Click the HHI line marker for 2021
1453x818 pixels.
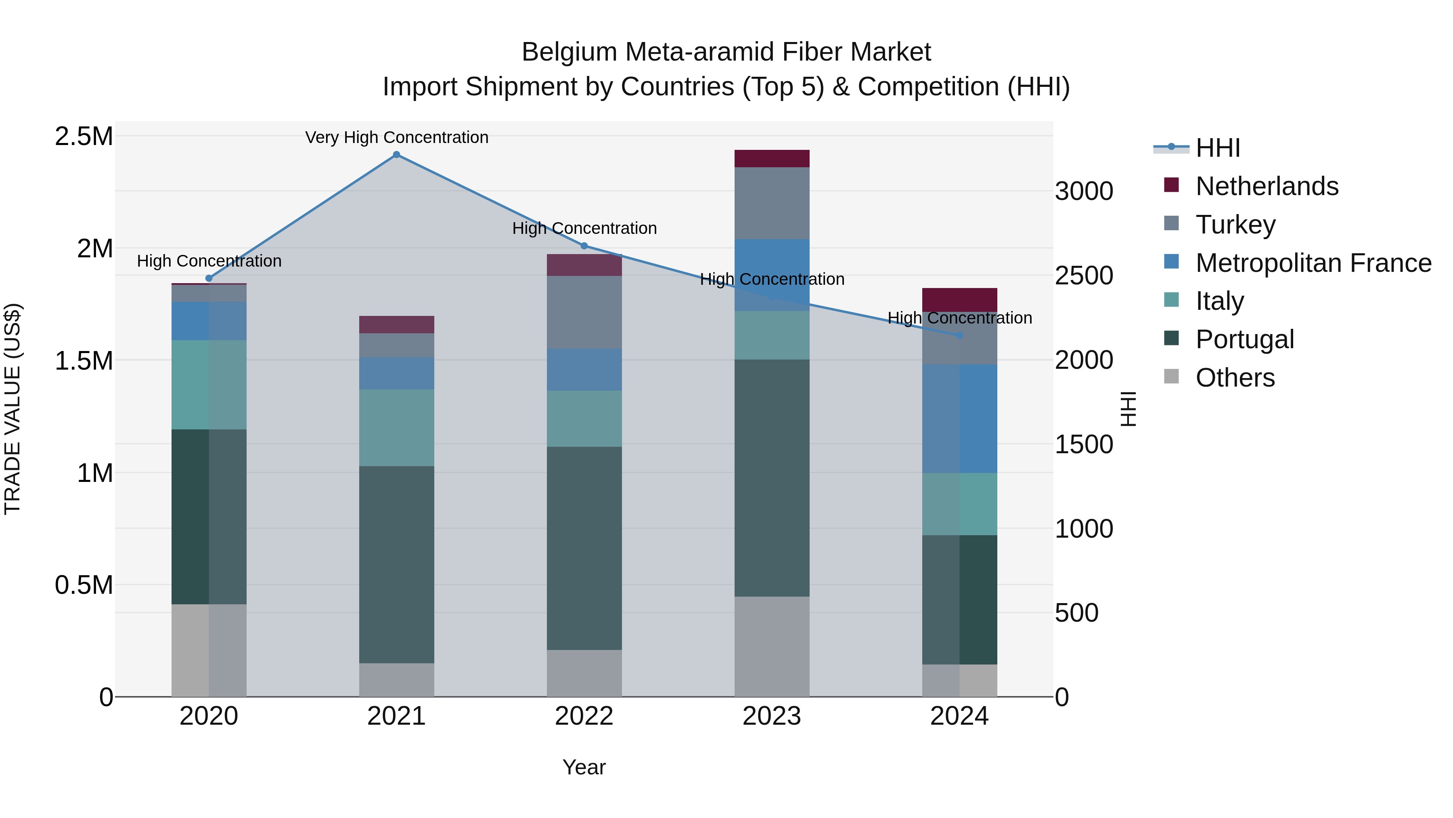point(396,155)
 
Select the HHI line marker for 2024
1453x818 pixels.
point(959,335)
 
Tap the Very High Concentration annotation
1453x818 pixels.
point(396,137)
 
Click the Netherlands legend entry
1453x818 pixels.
point(1266,186)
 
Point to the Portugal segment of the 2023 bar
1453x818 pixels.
point(772,477)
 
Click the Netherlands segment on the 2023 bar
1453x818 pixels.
point(772,159)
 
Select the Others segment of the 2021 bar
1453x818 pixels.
point(396,680)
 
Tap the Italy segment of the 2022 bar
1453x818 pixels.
point(584,418)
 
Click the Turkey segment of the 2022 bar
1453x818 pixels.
point(584,312)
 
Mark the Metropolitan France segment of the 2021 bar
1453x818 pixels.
point(396,373)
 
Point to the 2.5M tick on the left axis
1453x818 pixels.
point(84,137)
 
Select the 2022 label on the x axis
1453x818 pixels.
point(584,716)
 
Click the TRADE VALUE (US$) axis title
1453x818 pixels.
point(13,409)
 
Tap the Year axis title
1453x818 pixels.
point(584,767)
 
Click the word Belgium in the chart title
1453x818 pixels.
point(569,52)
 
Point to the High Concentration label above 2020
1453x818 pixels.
point(209,261)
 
